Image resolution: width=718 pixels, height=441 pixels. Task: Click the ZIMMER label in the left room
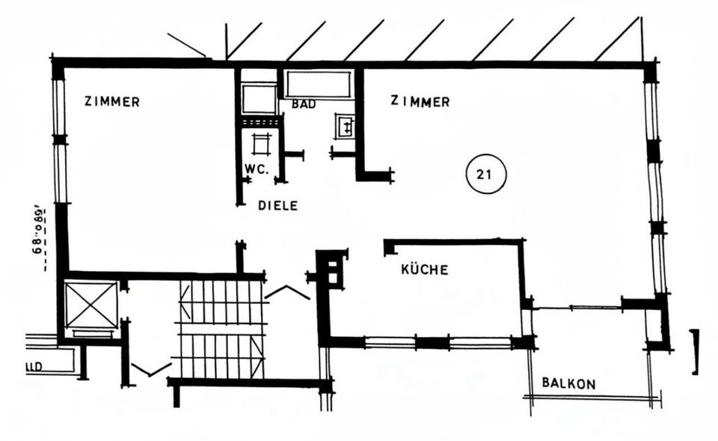tap(111, 102)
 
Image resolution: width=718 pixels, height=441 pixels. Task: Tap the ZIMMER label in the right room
tap(420, 102)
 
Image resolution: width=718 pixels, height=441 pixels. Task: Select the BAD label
tap(304, 105)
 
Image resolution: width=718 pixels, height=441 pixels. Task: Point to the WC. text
tap(256, 168)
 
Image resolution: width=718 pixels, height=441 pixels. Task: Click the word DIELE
tap(277, 205)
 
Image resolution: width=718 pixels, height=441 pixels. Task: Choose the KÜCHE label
tap(424, 270)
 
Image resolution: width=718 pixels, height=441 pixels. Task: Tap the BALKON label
tap(569, 384)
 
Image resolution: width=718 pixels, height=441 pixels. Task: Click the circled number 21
tap(485, 175)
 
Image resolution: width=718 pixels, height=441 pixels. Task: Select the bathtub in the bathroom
tap(319, 84)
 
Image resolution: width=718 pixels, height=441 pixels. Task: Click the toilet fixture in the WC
tap(260, 142)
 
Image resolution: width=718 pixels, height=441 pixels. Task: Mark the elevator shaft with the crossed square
tap(91, 305)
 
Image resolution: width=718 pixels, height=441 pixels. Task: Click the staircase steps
tap(220, 329)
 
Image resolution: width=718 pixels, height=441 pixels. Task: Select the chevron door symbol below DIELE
tap(287, 292)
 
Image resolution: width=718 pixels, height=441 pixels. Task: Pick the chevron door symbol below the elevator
tap(150, 369)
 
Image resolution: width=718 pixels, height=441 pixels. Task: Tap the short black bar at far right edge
tap(695, 351)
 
